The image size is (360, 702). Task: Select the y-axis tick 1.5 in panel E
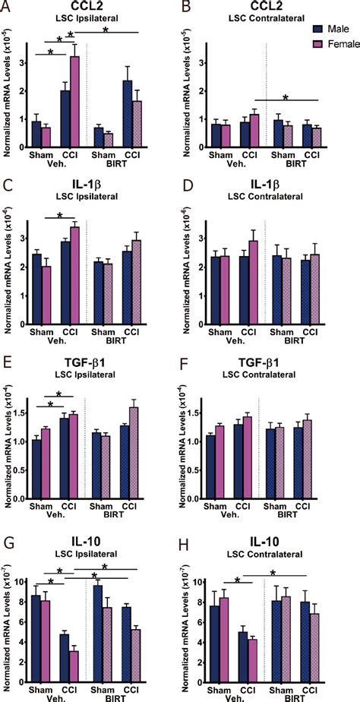[x=26, y=413]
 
